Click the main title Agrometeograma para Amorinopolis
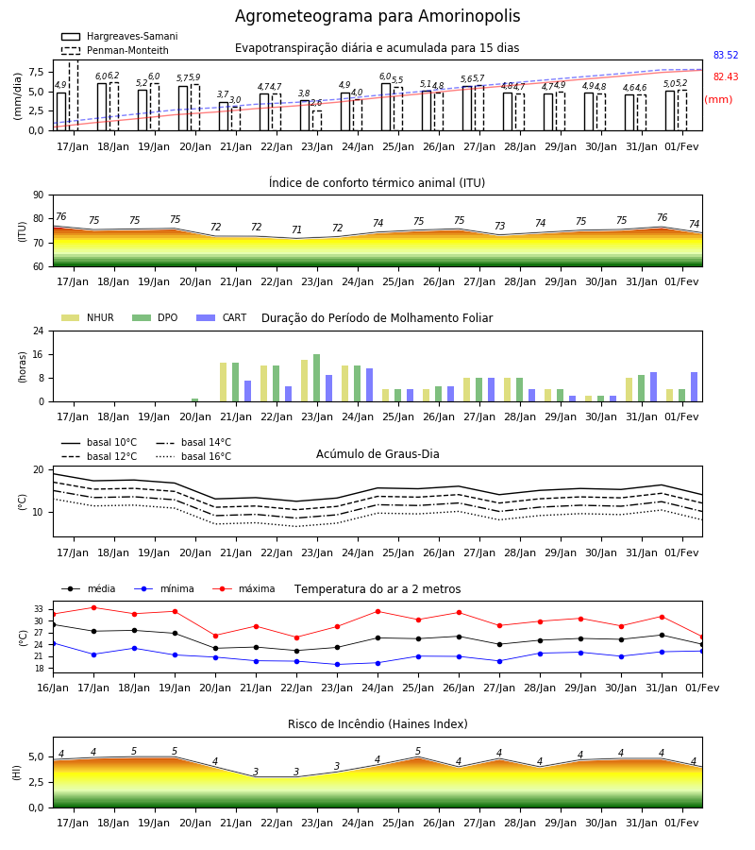click(x=377, y=16)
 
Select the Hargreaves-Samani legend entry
click(x=120, y=36)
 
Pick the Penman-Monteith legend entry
click(x=115, y=50)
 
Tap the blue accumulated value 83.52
click(x=726, y=56)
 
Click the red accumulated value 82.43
click(x=726, y=77)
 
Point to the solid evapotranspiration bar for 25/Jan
click(x=386, y=107)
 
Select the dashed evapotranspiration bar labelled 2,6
click(x=317, y=120)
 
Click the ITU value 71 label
click(x=296, y=229)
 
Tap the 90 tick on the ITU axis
click(x=39, y=195)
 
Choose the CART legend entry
click(x=222, y=317)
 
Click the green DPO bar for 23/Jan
click(x=317, y=378)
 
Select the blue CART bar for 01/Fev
click(x=695, y=387)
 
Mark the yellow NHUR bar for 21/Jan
click(x=223, y=382)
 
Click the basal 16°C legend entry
click(x=193, y=456)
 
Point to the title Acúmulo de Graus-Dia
click(x=377, y=454)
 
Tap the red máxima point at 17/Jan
click(x=93, y=607)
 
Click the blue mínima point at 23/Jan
click(x=338, y=665)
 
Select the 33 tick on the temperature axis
click(x=39, y=609)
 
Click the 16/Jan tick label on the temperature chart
click(x=53, y=688)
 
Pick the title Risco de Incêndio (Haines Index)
click(x=377, y=724)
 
